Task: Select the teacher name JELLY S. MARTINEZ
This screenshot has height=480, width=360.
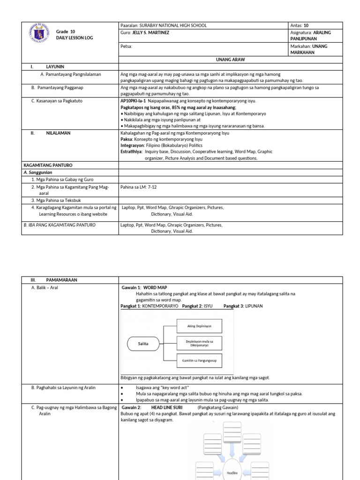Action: coord(150,33)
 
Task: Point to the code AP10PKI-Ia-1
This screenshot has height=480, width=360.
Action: coord(133,101)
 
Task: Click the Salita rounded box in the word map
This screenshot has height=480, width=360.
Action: coord(143,343)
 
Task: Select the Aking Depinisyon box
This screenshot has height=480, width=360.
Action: coord(199,326)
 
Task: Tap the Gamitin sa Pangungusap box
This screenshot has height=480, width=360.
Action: coord(199,360)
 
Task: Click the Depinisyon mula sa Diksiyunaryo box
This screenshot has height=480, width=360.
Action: coord(199,343)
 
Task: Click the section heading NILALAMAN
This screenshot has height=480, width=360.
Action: coord(58,133)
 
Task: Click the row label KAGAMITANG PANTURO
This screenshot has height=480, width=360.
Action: coord(48,165)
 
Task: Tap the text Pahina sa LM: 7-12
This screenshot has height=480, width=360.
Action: coord(140,186)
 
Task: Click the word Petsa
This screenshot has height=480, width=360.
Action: coord(126,46)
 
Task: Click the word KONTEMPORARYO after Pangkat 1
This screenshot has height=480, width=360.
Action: coord(160,306)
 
